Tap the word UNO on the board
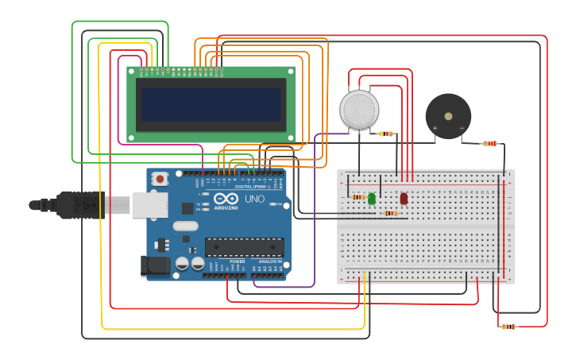point(254,199)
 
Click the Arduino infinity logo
point(226,199)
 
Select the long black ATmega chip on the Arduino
point(244,246)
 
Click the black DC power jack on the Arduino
point(155,266)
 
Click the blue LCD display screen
point(211,104)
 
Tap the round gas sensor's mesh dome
point(358,109)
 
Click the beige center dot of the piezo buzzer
point(448,116)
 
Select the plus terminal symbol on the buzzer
point(435,128)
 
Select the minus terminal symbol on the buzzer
point(462,128)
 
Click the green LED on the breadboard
point(372,199)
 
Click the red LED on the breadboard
point(404,199)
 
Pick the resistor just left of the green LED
point(358,197)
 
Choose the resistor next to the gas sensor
point(387,134)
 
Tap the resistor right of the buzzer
point(490,144)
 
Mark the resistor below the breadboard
point(508,327)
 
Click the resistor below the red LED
point(390,213)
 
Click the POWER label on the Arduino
point(237,261)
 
